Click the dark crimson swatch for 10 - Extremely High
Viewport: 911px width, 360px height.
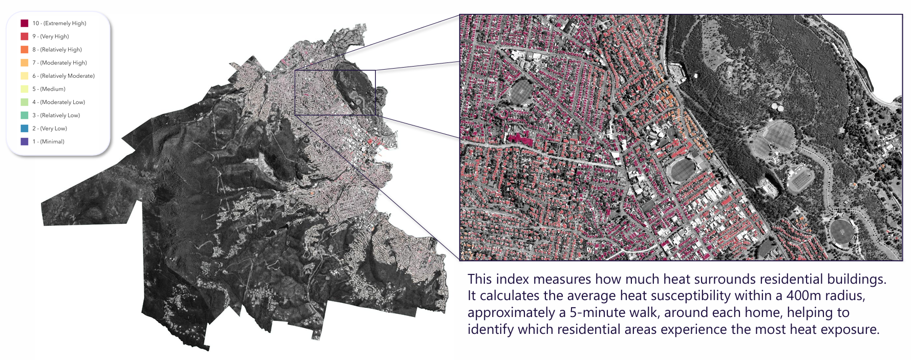pyautogui.click(x=24, y=23)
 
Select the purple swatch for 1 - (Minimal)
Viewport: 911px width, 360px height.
pyautogui.click(x=24, y=141)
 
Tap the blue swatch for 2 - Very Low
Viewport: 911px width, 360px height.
pyautogui.click(x=24, y=129)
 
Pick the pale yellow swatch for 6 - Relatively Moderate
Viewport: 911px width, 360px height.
pyautogui.click(x=24, y=76)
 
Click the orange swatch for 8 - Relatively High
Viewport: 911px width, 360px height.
pyautogui.click(x=24, y=50)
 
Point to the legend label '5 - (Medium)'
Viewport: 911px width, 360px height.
pyautogui.click(x=49, y=89)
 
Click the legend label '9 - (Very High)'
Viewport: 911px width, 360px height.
pyautogui.click(x=50, y=36)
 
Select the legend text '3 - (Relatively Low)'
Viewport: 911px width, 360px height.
pyautogui.click(x=56, y=115)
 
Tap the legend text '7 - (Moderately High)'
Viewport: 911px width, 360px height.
pyautogui.click(x=59, y=63)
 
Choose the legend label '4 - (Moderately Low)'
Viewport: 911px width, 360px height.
pyautogui.click(x=58, y=102)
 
